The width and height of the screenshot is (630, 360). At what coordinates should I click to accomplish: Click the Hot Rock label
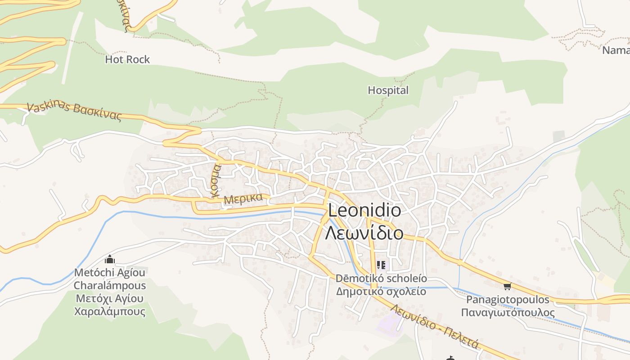pos(127,59)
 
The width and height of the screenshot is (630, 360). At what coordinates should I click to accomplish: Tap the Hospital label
pos(388,90)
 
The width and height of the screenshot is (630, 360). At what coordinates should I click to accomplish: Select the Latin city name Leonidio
pos(364,211)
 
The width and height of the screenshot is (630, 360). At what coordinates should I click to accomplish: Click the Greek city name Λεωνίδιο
pos(364,233)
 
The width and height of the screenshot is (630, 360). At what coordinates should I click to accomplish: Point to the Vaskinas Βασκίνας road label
pos(74,111)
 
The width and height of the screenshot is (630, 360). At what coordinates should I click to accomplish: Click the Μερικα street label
pos(243,199)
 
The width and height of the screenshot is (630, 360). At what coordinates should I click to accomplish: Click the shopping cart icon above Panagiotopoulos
pos(508,286)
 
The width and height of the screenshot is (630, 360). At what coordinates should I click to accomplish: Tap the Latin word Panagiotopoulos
pos(508,300)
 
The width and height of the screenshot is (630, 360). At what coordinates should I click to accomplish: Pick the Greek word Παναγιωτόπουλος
pos(508,312)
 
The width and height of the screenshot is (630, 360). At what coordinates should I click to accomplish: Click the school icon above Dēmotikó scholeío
pos(381,265)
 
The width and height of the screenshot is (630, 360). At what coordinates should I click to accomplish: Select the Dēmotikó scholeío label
pos(381,279)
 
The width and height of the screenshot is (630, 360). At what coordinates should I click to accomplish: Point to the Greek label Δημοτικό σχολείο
pos(381,291)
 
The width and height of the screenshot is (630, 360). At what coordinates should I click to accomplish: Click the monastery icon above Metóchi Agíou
pos(109,260)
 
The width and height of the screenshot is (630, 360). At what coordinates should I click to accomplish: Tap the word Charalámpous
pos(110,286)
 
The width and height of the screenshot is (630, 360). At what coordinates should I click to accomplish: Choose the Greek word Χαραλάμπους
pos(110,311)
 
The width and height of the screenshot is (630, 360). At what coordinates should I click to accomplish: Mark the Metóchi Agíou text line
pos(110,273)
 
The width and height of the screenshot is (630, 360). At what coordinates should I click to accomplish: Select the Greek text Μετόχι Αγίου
pos(110,298)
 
